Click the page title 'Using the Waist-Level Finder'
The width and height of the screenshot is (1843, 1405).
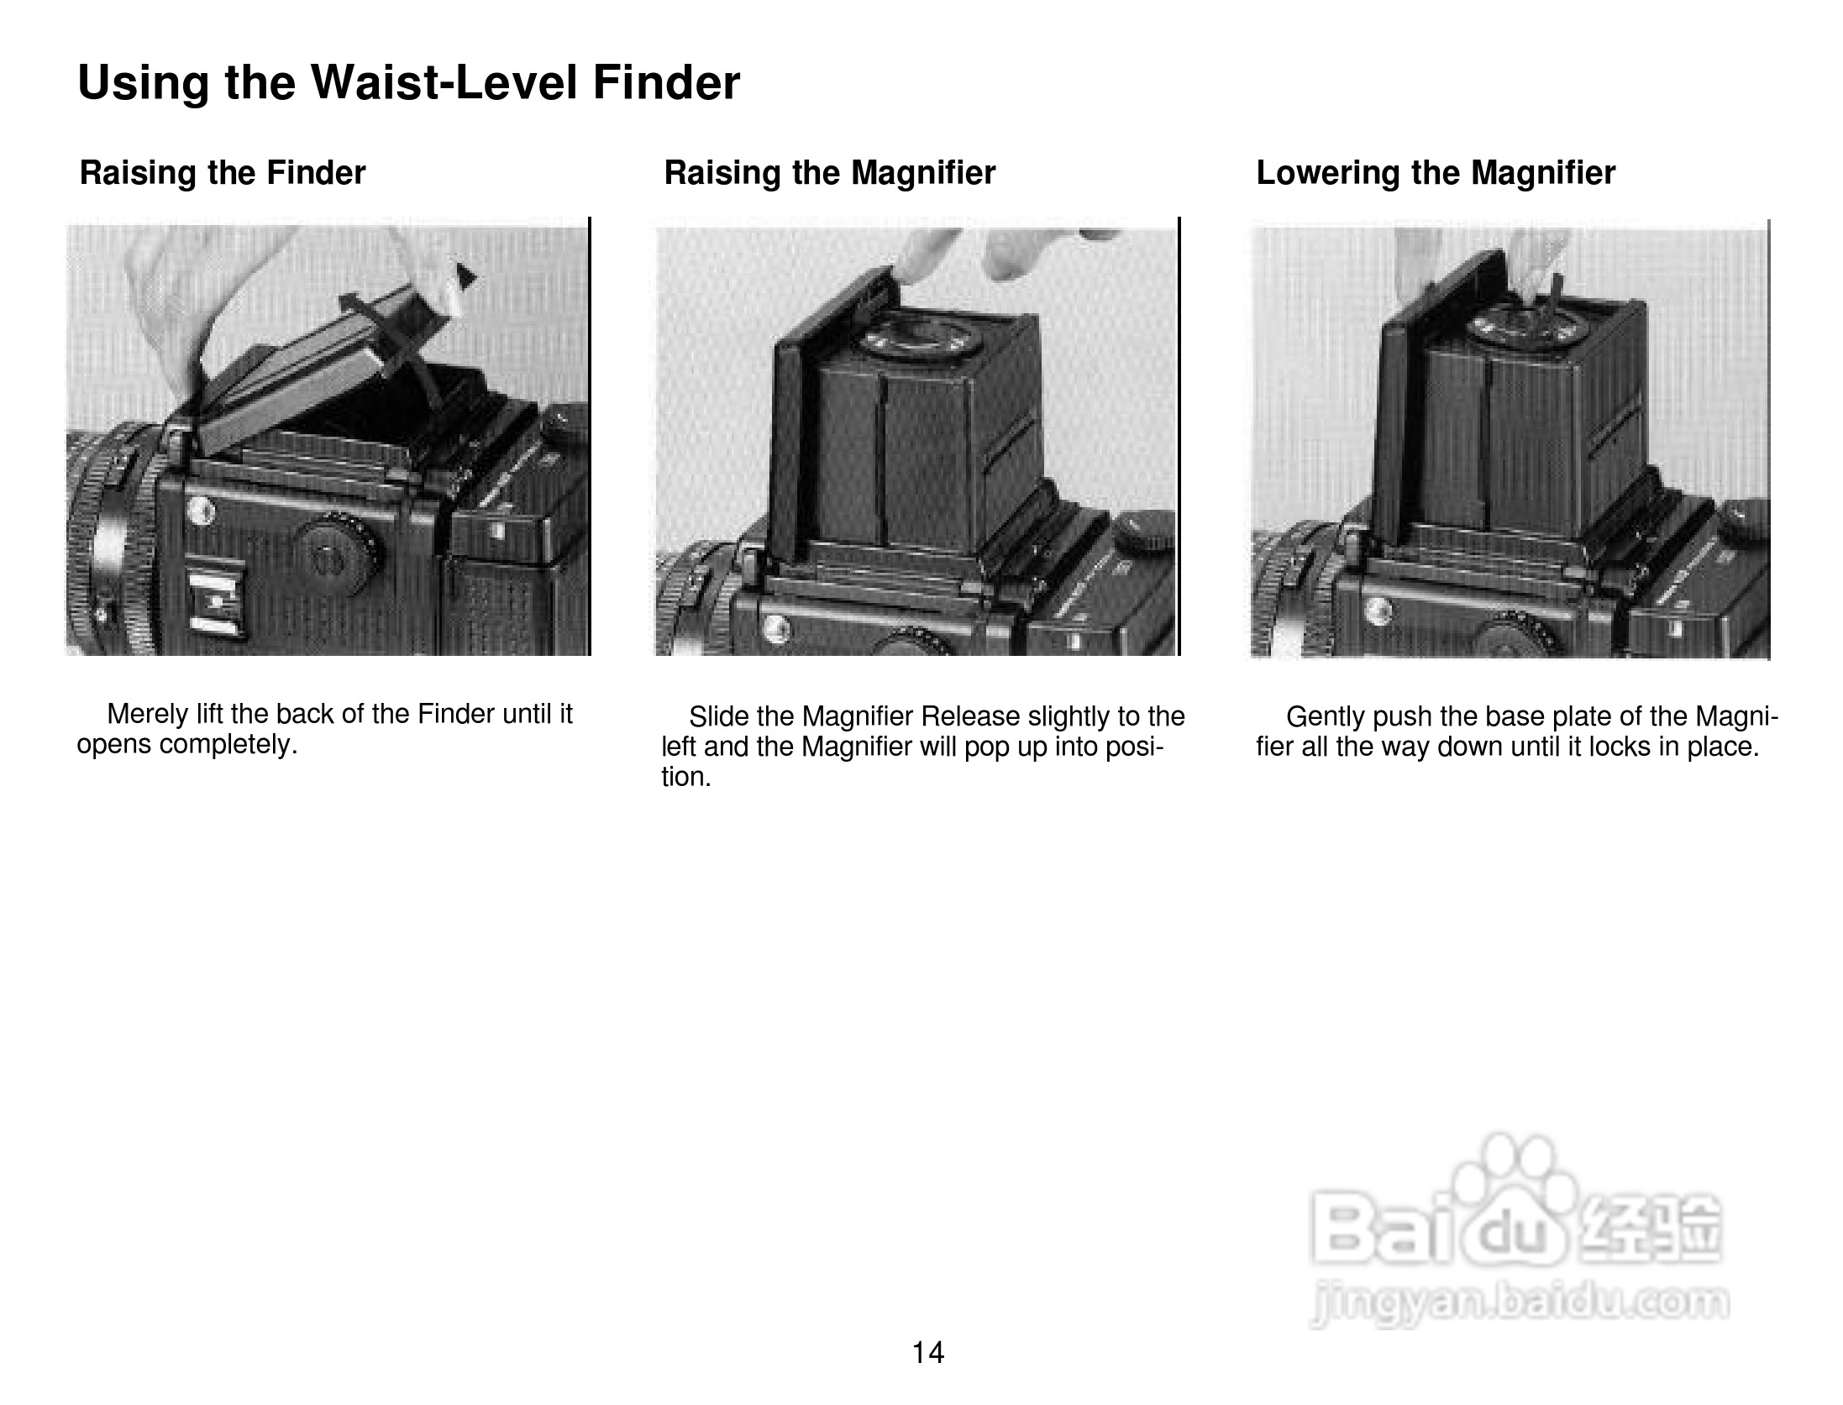tap(408, 83)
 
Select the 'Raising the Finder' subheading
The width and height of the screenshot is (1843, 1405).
tap(223, 173)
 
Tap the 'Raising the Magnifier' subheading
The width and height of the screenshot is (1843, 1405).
tap(829, 173)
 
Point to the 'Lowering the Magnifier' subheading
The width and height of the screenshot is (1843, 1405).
tap(1436, 173)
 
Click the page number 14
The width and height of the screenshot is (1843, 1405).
tap(928, 1352)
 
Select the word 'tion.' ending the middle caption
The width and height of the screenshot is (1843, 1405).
tap(686, 777)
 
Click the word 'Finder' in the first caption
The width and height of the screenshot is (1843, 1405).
tap(456, 714)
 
